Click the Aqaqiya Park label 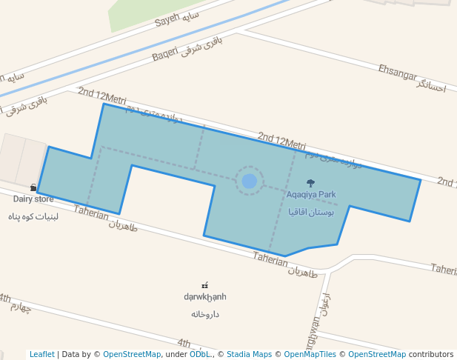click(x=311, y=195)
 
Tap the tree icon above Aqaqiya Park click(x=310, y=183)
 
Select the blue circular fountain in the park click(x=250, y=181)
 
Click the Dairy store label click(x=33, y=199)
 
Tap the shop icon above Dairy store click(x=33, y=188)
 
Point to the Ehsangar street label click(x=397, y=73)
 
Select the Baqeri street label click(x=165, y=53)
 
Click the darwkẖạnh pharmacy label click(x=205, y=297)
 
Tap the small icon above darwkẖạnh click(x=205, y=285)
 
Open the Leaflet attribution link click(x=41, y=354)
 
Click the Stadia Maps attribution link click(x=250, y=354)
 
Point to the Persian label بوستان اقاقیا click(x=311, y=212)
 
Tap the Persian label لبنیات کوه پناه click(x=33, y=216)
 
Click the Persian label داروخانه click(x=205, y=314)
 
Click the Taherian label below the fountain click(x=270, y=259)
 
